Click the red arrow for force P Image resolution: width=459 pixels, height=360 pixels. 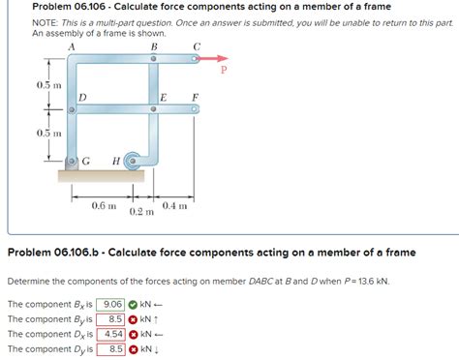(214, 58)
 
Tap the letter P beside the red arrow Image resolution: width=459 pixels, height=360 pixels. (226, 70)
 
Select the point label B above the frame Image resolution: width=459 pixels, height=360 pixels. (154, 47)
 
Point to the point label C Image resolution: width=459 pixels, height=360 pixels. (198, 47)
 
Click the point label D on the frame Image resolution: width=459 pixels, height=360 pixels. (82, 97)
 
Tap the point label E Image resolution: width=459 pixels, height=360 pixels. (163, 97)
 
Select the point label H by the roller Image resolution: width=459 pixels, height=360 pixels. (116, 160)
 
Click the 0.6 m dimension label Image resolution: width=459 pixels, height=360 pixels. (104, 206)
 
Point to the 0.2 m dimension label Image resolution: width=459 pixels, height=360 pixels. (141, 212)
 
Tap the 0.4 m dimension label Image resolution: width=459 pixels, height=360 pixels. (175, 206)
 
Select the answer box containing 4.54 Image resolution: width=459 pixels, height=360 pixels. (113, 334)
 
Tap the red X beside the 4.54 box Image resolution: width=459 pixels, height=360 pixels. (136, 334)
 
